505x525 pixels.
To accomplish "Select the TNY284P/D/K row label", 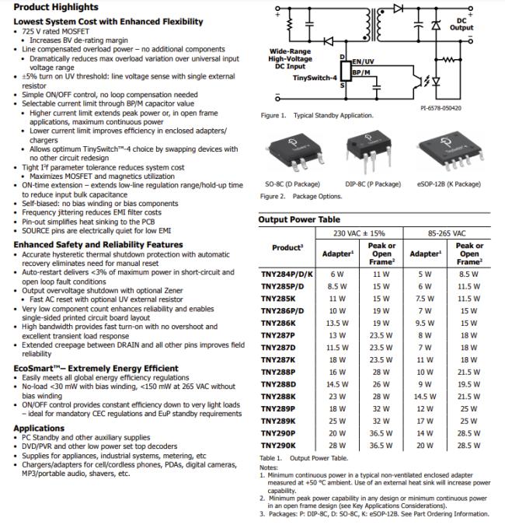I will point(286,274).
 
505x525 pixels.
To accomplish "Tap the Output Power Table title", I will point(299,220).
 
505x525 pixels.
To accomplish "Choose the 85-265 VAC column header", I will point(448,233).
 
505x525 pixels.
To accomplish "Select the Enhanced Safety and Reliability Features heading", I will point(98,245).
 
